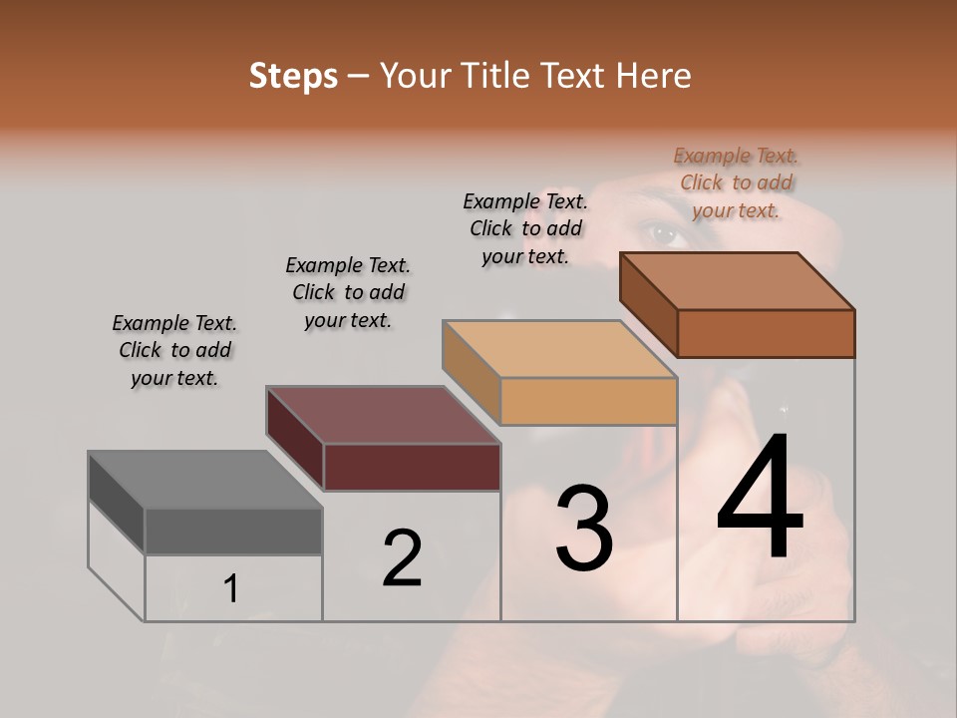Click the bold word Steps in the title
coord(293,76)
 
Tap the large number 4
coord(761,498)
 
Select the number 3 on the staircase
coord(584,528)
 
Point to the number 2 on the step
coord(402,557)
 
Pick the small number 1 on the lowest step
coord(231,589)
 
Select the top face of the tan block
coord(559,349)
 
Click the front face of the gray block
coord(233,531)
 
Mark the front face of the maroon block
coord(412,467)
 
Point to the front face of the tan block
coord(588,402)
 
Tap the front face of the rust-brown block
coord(766,333)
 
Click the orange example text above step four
coord(736,182)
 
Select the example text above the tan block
coord(525,228)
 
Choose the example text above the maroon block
coord(348,292)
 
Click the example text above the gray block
coord(174,350)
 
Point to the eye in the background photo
coord(665,236)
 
